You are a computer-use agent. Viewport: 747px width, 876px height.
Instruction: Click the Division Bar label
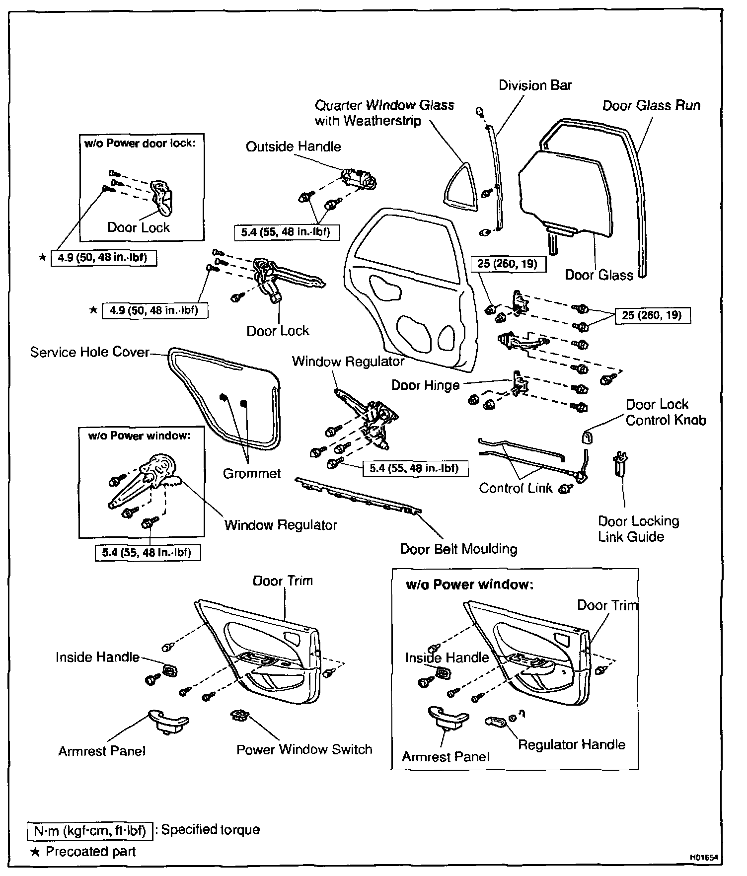[535, 85]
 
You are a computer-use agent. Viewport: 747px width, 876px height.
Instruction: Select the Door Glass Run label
[651, 105]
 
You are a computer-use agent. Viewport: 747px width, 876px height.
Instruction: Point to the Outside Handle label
[294, 146]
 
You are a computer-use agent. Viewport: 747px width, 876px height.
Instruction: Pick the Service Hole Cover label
[89, 352]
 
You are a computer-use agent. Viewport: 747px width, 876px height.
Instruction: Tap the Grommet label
[252, 473]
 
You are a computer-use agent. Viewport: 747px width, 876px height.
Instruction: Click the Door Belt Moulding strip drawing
[358, 495]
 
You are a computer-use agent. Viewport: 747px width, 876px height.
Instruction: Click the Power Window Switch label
[304, 749]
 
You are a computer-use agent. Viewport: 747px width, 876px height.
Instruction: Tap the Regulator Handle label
[571, 744]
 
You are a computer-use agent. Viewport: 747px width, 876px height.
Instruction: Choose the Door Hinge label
[425, 385]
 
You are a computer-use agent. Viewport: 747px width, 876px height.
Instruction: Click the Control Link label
[516, 488]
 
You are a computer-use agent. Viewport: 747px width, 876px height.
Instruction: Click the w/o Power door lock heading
[141, 144]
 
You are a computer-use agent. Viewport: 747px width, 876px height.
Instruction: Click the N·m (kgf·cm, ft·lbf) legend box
[89, 830]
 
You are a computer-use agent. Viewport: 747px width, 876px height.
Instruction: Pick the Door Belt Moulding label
[458, 549]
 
